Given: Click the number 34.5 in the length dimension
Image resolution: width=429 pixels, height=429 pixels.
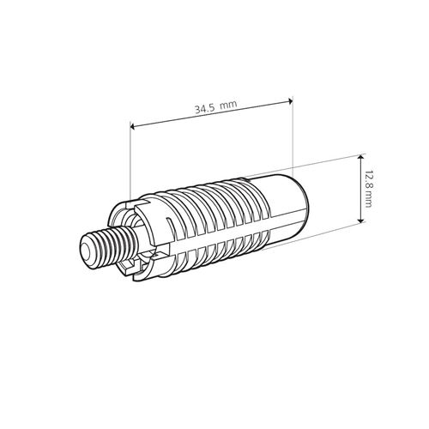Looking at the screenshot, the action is point(205,109).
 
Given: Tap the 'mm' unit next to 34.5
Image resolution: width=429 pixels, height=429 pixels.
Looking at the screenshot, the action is point(229,105).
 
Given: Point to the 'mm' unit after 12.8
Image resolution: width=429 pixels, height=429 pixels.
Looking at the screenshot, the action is point(368,199).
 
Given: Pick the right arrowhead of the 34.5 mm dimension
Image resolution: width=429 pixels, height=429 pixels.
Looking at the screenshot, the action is point(291,100).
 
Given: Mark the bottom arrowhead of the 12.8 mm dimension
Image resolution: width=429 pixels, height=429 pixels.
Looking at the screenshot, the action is point(361,221).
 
